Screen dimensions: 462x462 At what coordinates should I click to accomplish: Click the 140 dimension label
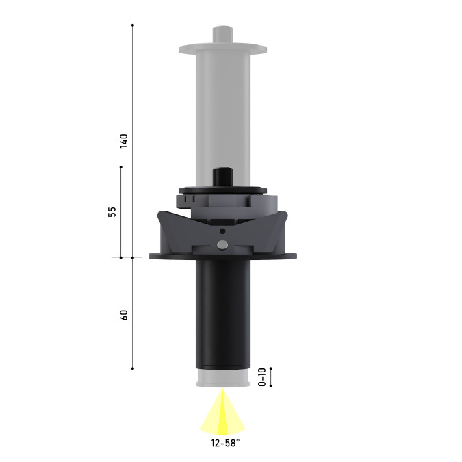pyautogui.click(x=124, y=141)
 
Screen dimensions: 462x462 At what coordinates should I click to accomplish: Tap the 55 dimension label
pyautogui.click(x=112, y=212)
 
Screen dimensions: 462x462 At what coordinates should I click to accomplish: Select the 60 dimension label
pyautogui.click(x=124, y=315)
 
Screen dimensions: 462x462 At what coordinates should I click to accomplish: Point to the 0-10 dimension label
pyautogui.click(x=262, y=377)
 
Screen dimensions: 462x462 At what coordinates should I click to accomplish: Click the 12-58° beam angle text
pyautogui.click(x=225, y=443)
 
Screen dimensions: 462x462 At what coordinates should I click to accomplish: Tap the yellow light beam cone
pyautogui.click(x=222, y=413)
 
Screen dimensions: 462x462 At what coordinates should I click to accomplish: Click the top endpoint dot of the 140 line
pyautogui.click(x=133, y=25)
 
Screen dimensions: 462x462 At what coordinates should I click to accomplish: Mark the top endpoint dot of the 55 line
pyautogui.click(x=121, y=167)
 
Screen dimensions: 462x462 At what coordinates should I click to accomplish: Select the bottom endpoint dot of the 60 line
pyautogui.click(x=133, y=368)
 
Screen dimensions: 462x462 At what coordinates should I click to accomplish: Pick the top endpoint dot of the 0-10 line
pyautogui.click(x=271, y=368)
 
